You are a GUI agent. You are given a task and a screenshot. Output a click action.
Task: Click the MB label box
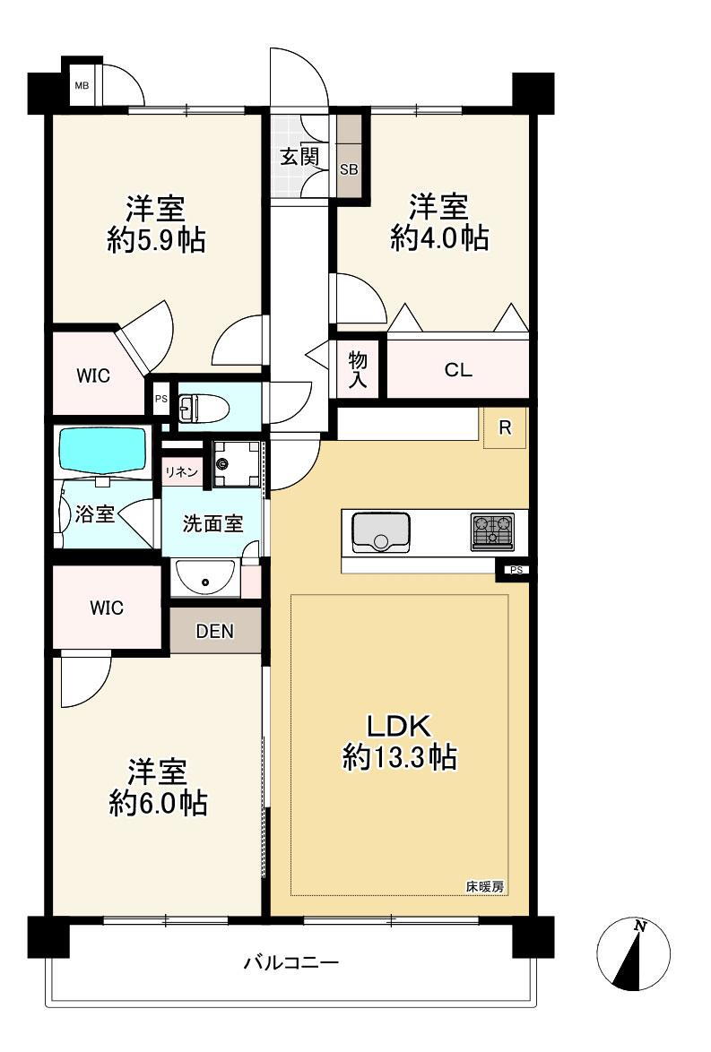[x=82, y=87]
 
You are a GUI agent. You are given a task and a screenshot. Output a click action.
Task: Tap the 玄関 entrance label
[x=299, y=156]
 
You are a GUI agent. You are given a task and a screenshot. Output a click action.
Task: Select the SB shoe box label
[x=348, y=169]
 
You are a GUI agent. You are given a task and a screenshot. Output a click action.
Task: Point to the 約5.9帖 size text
[x=155, y=239]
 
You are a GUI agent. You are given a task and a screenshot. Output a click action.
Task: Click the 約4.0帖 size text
[x=438, y=237]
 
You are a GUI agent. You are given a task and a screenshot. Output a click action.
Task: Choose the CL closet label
[x=457, y=370]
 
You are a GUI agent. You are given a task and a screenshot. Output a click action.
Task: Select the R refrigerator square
[x=506, y=428]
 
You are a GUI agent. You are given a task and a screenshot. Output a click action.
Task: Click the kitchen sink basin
[x=381, y=531]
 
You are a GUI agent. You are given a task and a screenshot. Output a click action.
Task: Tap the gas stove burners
[x=492, y=531]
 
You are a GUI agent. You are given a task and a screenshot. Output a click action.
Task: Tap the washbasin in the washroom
[x=205, y=579]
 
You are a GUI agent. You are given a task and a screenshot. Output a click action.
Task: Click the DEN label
[x=215, y=631]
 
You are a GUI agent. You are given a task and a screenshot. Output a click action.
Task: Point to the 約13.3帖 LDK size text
[x=399, y=758]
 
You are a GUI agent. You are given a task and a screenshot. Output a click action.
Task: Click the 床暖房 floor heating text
[x=485, y=887]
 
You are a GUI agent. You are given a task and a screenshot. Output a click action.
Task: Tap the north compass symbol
[x=634, y=954]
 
